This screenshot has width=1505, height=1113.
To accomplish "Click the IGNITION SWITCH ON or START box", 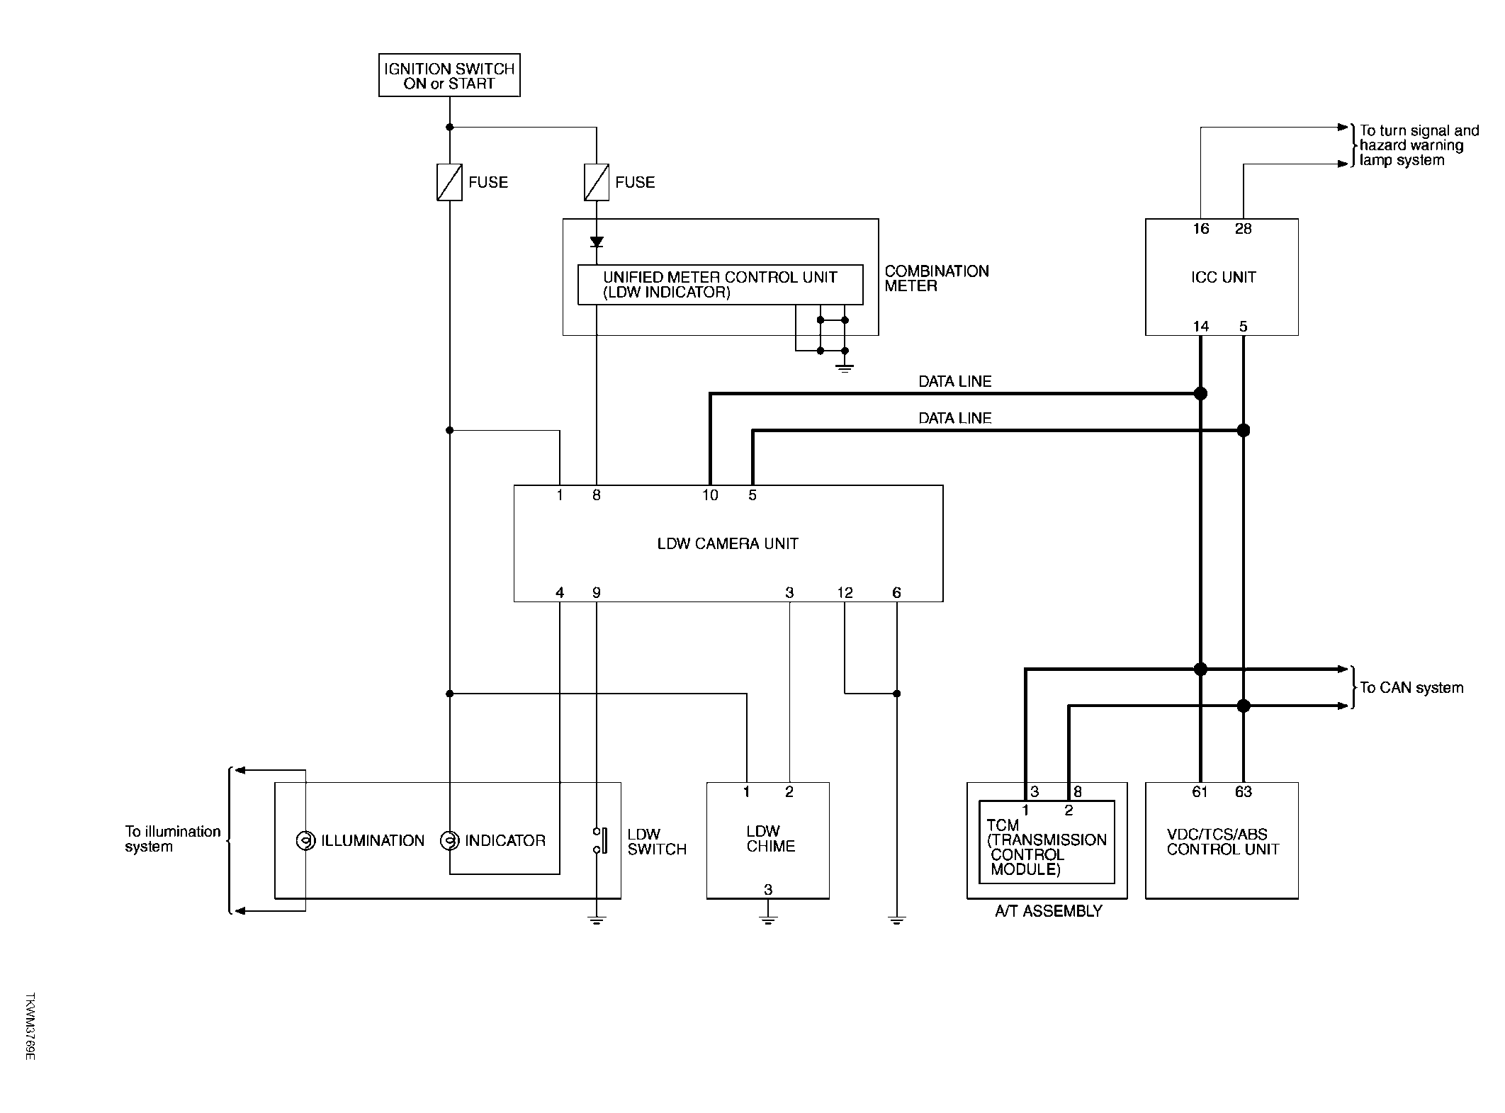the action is click(x=449, y=75).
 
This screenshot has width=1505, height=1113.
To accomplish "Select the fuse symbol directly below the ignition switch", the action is click(x=449, y=182).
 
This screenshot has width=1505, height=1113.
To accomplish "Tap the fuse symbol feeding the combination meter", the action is click(x=597, y=182).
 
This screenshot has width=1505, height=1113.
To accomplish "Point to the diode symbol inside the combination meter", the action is click(x=597, y=242).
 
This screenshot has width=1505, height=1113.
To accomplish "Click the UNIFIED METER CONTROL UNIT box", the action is click(x=721, y=285).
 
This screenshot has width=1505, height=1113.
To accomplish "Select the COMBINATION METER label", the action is click(x=937, y=278).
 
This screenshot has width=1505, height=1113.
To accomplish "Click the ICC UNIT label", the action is click(x=1224, y=277).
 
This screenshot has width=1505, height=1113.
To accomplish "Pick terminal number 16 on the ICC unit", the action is click(x=1200, y=229).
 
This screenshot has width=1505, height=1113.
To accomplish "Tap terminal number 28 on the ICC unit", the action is click(x=1244, y=229).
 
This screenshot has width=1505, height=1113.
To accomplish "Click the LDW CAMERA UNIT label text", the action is click(x=728, y=543).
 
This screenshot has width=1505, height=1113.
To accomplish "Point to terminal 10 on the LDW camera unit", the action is click(x=710, y=495).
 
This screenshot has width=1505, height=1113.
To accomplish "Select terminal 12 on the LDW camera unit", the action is click(x=845, y=592).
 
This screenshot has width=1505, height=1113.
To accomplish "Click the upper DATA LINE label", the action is click(x=954, y=381).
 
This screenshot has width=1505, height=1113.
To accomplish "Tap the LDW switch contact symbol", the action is click(x=600, y=840).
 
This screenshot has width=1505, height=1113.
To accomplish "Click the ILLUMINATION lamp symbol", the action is click(x=305, y=840).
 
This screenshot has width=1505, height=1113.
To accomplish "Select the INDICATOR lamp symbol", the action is click(x=449, y=840).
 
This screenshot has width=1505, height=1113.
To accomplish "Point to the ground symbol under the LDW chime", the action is click(x=768, y=920).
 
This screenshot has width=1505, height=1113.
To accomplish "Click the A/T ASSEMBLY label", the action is click(x=1049, y=911).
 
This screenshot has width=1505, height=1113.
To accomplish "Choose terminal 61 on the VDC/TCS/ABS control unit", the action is click(x=1200, y=792).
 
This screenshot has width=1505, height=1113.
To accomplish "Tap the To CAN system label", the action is click(x=1411, y=687).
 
